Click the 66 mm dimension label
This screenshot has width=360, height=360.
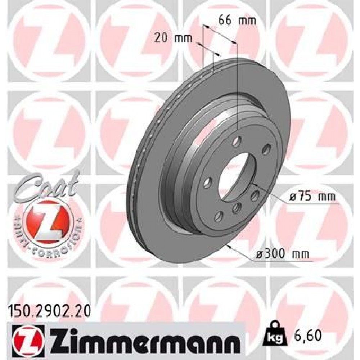237,21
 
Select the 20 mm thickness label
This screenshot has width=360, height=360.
172,37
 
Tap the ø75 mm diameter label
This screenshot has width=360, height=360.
312,197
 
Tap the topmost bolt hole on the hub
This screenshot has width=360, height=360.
237,141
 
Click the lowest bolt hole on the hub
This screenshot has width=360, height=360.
218,216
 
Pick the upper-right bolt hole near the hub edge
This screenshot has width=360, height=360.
266,148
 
